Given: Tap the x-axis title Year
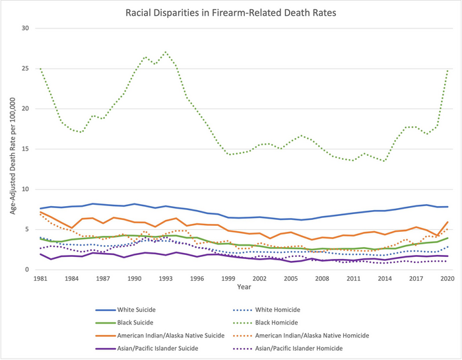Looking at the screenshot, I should tap(244, 287).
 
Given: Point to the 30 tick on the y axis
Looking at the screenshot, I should tap(24, 28).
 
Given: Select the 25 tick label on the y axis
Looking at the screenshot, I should tap(24, 69).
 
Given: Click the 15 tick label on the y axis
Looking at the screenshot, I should tap(24, 149).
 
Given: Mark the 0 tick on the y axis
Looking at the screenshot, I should tap(26, 270).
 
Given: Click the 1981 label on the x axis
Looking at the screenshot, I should tap(40, 279).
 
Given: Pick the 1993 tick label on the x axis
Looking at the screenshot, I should tap(166, 279).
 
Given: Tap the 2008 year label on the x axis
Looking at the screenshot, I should tap(322, 279).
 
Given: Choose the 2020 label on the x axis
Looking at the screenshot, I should tap(447, 279).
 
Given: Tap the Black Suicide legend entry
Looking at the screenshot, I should tap(139, 322).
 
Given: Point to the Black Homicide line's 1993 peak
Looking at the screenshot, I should tap(166, 52).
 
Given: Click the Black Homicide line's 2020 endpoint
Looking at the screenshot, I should tap(447, 69).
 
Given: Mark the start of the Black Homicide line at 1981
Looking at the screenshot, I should tap(40, 68).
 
